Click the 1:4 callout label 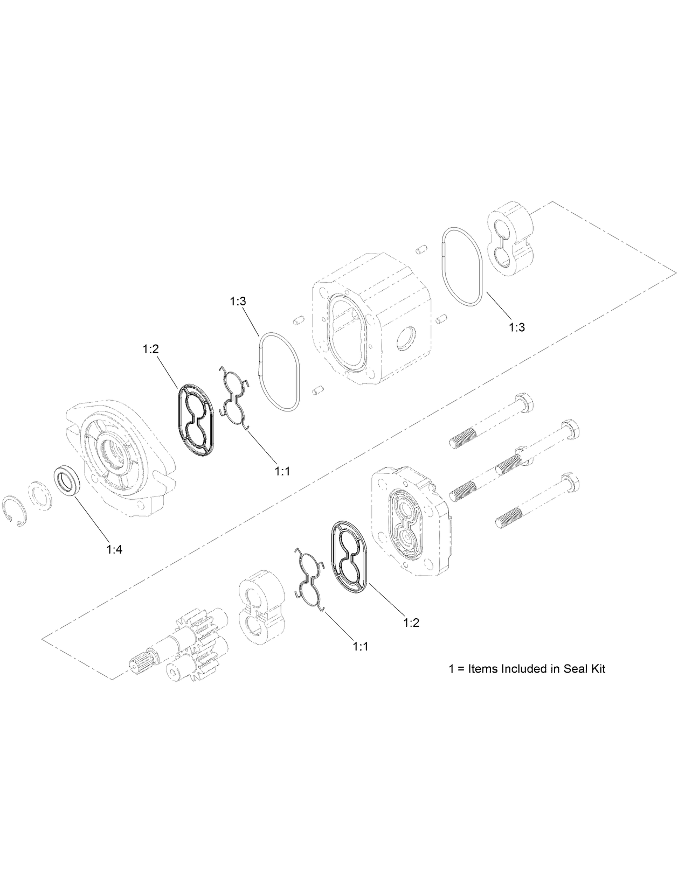tap(114, 549)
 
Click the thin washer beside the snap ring tap(41, 493)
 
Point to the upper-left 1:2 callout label tap(150, 349)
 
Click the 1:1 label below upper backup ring tap(282, 471)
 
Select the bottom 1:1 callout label tap(360, 646)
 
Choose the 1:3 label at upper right tap(516, 326)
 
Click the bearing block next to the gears tap(261, 606)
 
